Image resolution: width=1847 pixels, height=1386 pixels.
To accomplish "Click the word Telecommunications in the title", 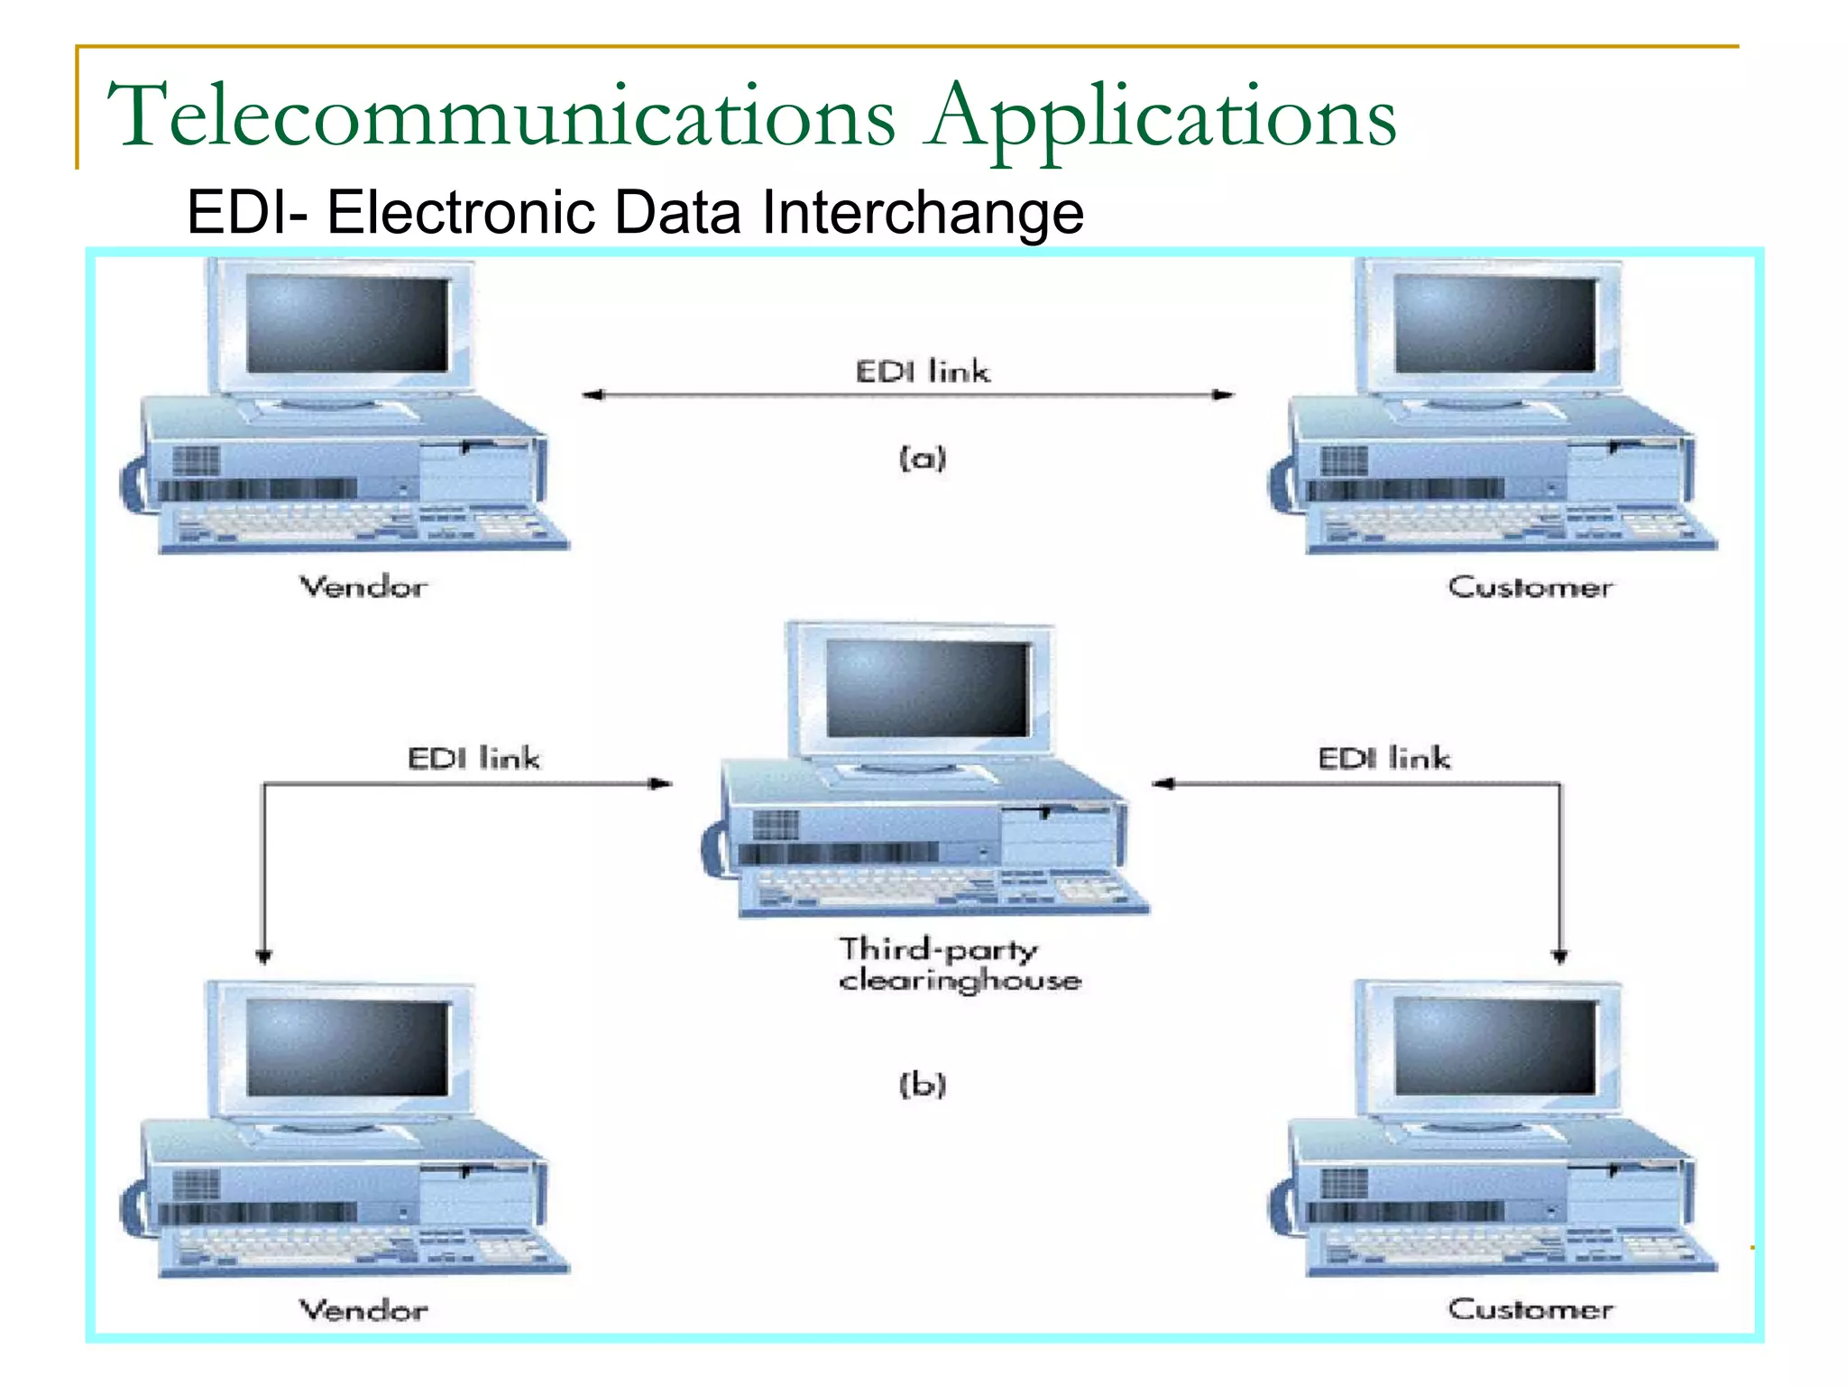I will click(x=501, y=117).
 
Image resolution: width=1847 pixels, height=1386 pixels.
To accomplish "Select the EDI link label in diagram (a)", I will click(x=922, y=372).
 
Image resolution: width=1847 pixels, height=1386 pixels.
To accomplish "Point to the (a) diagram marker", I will click(x=922, y=458).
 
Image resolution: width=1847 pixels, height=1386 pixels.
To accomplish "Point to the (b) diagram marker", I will click(x=922, y=1084).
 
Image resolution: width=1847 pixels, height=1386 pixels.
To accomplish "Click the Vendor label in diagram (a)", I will click(x=363, y=587).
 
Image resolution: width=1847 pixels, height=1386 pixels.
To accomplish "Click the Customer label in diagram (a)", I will click(x=1530, y=587).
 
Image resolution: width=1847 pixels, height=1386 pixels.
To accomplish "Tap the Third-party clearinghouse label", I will click(x=958, y=965).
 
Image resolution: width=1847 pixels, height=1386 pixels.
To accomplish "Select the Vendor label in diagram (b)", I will click(x=363, y=1310).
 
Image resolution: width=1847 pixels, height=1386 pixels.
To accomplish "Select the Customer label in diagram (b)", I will click(x=1530, y=1310).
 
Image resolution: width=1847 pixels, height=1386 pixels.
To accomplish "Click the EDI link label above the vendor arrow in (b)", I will click(x=473, y=758).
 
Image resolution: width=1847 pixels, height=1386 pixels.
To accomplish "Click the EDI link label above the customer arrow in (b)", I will click(x=1383, y=758).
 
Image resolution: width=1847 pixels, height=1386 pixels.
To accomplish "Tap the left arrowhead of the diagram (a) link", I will click(x=592, y=394).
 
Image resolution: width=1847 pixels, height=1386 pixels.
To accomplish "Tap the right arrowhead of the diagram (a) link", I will click(x=1224, y=394).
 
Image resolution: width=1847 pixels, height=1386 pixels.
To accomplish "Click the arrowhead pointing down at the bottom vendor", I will click(x=263, y=956).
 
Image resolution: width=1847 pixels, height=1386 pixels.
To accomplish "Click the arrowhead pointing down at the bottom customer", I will click(x=1559, y=956).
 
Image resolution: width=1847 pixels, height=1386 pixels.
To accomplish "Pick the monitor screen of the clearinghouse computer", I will click(x=927, y=688).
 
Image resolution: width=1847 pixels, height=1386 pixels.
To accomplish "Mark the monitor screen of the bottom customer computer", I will click(x=1494, y=1047).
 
